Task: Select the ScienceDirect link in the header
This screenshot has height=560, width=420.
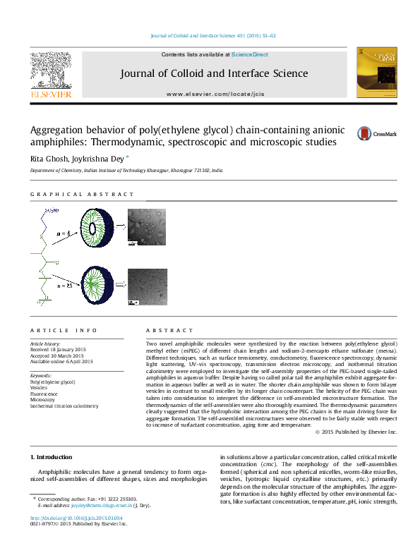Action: pyautogui.click(x=249, y=54)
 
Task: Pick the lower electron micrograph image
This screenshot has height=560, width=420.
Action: pyautogui.click(x=147, y=286)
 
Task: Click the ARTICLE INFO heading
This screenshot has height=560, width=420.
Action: pyautogui.click(x=64, y=330)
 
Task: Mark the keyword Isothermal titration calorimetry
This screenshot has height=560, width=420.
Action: pyautogui.click(x=64, y=406)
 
